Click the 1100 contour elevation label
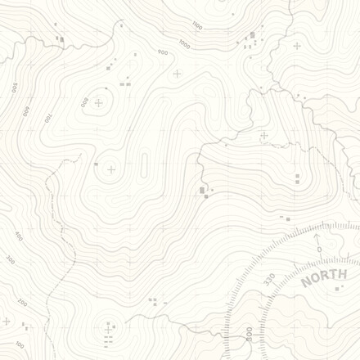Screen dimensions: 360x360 click(x=196, y=25)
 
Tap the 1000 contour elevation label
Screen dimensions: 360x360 click(x=184, y=44)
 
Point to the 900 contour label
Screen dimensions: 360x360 click(x=162, y=53)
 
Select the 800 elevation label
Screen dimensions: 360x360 click(x=83, y=101)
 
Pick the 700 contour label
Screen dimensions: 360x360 click(x=47, y=118)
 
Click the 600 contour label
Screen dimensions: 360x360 click(x=25, y=110)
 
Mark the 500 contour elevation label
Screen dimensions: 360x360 click(x=14, y=87)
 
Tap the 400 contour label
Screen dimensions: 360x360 click(x=18, y=236)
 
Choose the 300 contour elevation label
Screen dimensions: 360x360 click(x=10, y=259)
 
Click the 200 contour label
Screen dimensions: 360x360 click(x=22, y=303)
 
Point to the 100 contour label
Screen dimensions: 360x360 click(x=19, y=344)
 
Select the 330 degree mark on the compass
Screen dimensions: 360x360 click(x=269, y=281)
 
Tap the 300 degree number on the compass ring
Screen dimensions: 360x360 click(x=248, y=334)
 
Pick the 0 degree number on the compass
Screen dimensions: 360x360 click(x=319, y=248)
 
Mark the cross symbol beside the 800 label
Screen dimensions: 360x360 click(x=99, y=103)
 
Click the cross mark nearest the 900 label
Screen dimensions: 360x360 click(x=177, y=74)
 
